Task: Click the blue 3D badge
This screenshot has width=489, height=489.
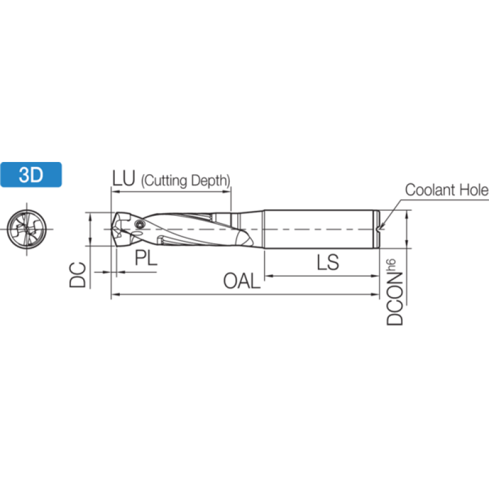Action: point(31,175)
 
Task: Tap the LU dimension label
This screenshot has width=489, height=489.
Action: point(123,178)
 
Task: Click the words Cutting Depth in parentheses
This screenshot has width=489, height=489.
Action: point(186,180)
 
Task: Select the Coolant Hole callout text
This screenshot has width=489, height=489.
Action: point(447,189)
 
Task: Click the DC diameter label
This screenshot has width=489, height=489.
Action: point(78,274)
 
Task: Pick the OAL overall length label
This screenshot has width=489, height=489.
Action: point(242,281)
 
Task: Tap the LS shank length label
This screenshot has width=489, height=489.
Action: point(328,262)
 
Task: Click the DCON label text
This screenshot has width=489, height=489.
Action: point(395,299)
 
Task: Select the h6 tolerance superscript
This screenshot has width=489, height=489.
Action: point(391,265)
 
